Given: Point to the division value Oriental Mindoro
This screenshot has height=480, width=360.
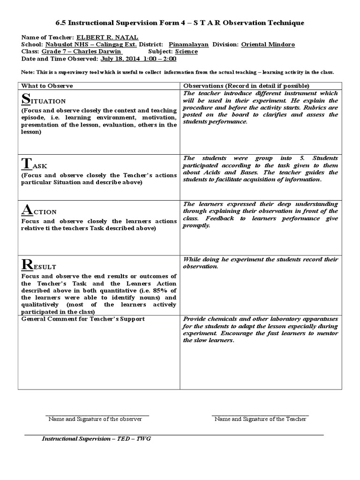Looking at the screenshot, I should click(268, 45).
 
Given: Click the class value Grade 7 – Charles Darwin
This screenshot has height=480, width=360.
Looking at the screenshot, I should click(82, 52).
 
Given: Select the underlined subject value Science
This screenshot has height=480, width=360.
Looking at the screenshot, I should click(186, 52).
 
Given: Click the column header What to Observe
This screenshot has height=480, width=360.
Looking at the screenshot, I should click(47, 86).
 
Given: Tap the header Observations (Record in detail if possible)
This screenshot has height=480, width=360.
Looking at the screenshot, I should click(246, 86).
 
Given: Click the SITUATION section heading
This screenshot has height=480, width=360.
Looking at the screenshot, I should click(44, 99).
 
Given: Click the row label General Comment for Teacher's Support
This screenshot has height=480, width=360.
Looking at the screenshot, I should click(83, 319).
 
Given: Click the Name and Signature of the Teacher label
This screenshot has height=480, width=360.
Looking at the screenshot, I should click(260, 419).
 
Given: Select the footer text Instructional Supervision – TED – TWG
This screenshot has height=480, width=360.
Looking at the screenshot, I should click(96, 439).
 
